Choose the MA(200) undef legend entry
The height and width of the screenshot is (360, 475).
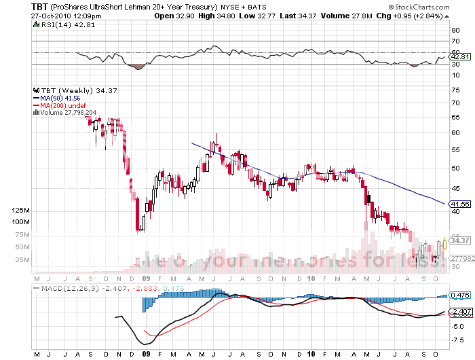click(x=62, y=105)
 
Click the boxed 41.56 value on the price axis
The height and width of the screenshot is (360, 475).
click(x=460, y=204)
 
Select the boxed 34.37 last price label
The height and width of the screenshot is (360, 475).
click(x=460, y=240)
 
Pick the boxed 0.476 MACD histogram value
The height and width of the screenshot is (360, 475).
click(x=460, y=295)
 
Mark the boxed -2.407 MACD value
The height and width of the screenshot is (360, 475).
click(x=460, y=312)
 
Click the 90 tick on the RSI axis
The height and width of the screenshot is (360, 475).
click(x=455, y=30)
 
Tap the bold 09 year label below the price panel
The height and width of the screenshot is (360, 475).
click(x=146, y=278)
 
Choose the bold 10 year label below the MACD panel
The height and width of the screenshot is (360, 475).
click(x=310, y=354)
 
